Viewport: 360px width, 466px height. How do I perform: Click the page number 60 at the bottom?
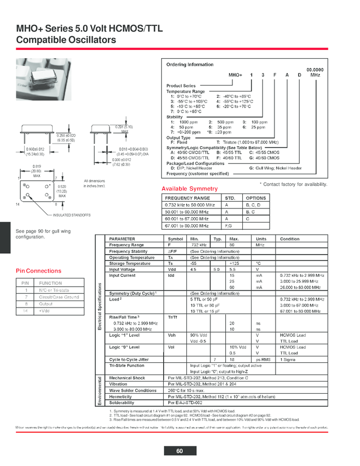pos(179,451)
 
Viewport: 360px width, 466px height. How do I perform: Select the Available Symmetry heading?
pos(190,189)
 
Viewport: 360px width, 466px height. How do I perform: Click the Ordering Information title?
pos(190,65)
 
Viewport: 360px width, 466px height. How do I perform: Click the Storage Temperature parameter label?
pos(130,263)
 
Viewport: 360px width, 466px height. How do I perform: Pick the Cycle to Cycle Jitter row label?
pos(129,359)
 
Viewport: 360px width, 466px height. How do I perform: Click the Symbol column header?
pos(175,239)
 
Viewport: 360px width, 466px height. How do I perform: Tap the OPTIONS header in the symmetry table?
pos(255,198)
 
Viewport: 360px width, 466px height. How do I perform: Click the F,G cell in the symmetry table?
pos(228,225)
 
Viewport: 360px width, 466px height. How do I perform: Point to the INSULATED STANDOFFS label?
pos(72,215)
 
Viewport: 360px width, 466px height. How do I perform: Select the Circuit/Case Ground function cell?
pos(59,297)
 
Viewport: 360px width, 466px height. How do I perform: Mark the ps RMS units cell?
pos(263,359)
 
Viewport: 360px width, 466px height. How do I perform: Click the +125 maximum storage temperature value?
pos(233,263)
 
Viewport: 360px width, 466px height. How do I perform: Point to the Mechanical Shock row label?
pos(127,378)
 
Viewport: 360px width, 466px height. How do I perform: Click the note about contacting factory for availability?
pos(293,184)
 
